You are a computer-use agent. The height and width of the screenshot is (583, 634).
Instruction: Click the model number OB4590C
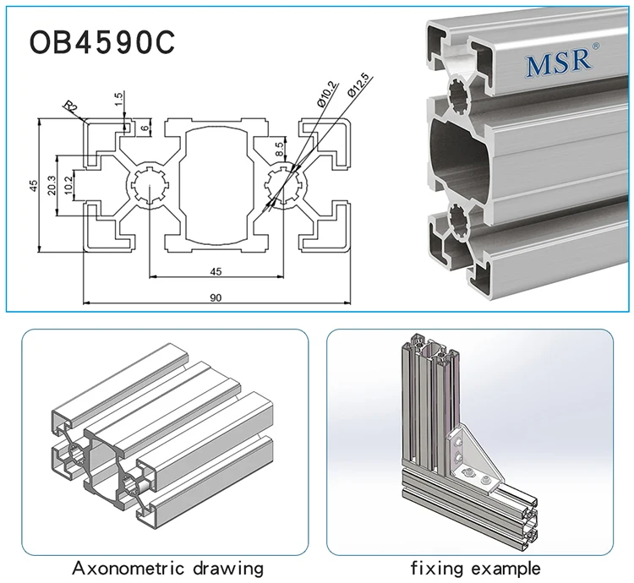102,43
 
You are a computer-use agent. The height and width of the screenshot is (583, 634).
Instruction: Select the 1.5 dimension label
120,99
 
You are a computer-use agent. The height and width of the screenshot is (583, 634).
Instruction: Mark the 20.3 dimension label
52,185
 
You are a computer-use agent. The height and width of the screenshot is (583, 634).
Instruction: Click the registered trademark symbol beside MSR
596,46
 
